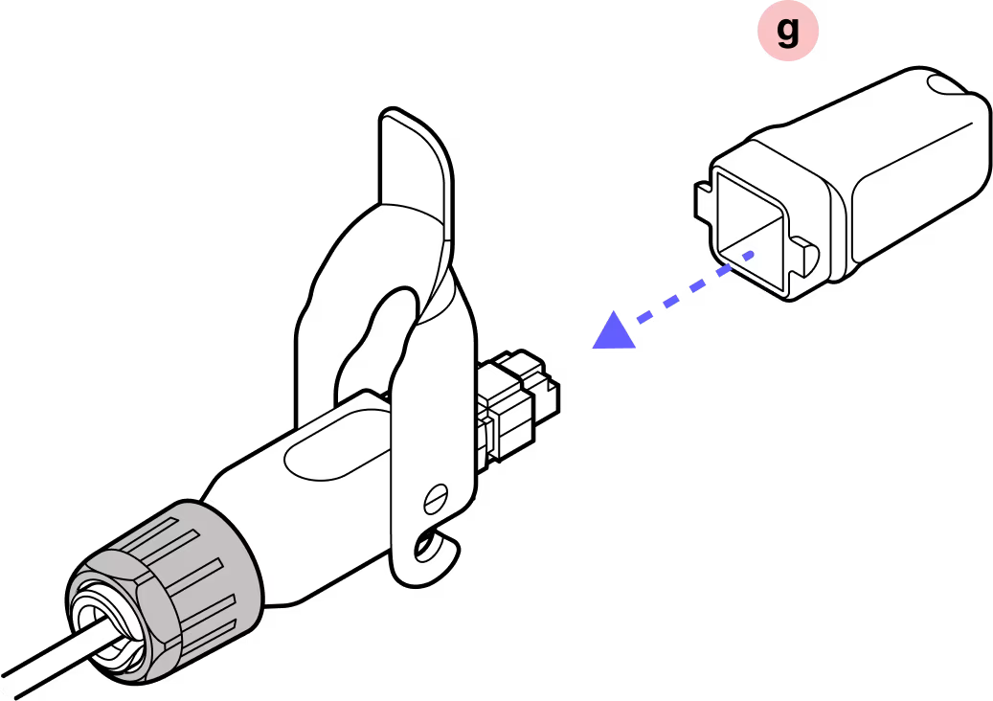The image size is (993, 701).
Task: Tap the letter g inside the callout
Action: point(787,32)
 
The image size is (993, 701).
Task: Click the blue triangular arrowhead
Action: point(615,332)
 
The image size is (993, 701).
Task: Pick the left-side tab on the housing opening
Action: point(708,195)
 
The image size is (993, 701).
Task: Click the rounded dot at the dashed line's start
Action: point(750,255)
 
